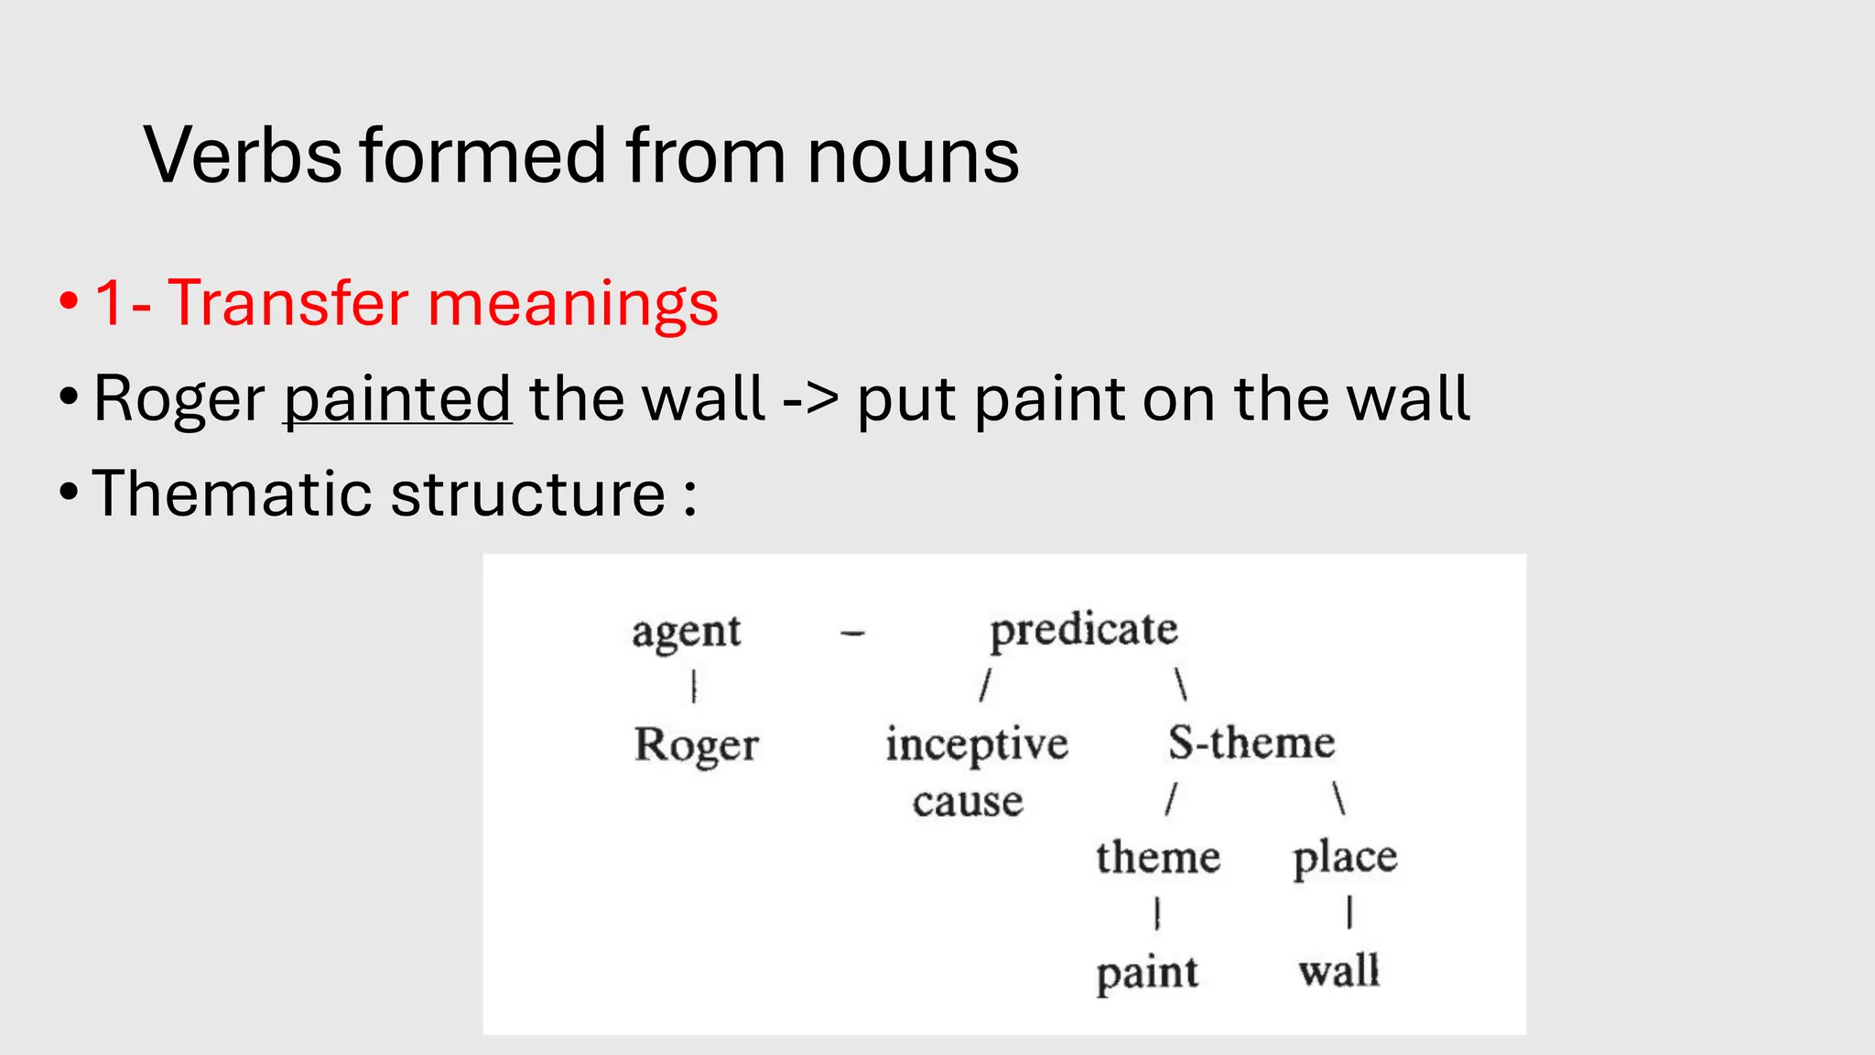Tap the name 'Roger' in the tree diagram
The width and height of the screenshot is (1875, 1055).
click(696, 745)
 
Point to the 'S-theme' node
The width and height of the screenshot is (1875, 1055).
click(1252, 743)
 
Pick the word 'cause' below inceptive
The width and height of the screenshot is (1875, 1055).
click(968, 801)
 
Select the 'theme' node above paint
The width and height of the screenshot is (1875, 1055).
click(1158, 858)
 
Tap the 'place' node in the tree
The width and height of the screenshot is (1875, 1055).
click(1345, 859)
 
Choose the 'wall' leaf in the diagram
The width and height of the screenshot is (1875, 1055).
click(1339, 971)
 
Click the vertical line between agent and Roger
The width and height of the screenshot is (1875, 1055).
click(694, 686)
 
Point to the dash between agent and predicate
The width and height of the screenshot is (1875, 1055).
click(852, 632)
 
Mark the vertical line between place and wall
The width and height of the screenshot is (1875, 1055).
click(1349, 912)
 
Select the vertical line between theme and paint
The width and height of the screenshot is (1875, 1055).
click(1157, 913)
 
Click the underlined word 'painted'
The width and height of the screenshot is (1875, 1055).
click(397, 399)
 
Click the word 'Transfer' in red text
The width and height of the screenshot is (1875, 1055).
click(288, 303)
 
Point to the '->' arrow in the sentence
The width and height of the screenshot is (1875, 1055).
click(810, 399)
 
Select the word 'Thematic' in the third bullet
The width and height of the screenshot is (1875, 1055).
click(233, 495)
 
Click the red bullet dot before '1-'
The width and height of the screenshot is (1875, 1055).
click(69, 302)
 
